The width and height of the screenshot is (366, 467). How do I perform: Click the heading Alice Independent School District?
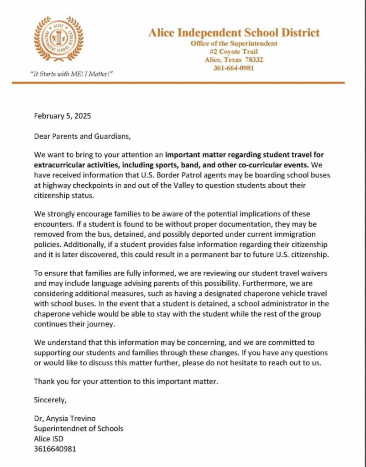pos(234,33)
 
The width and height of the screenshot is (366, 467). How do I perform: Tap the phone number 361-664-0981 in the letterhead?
pos(234,68)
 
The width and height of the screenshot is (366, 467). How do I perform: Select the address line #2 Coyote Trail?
pos(234,52)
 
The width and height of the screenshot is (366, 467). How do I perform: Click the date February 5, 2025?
pos(63,116)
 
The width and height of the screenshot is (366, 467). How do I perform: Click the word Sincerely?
pos(50,400)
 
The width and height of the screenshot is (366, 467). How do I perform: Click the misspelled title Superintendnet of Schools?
pos(78,429)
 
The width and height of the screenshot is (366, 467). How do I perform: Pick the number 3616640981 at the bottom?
pos(55,449)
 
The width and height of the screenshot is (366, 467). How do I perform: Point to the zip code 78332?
pos(253,60)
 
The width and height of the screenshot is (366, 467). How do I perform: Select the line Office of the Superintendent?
pos(234,43)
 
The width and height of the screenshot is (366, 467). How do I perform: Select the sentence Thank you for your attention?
pos(126,381)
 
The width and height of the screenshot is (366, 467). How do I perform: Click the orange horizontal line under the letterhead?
pos(178,83)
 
